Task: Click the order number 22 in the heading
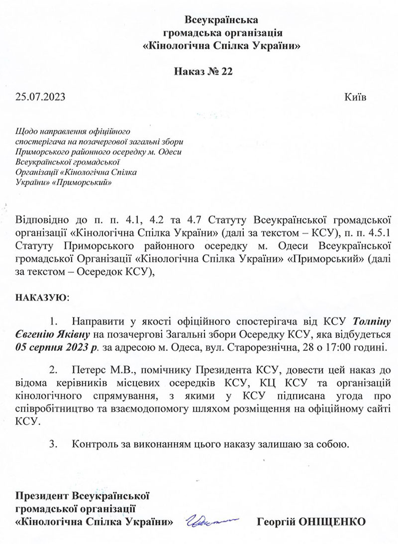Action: pyautogui.click(x=226, y=72)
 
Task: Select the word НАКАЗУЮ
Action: pyautogui.click(x=40, y=297)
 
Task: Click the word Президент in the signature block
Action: pyautogui.click(x=42, y=496)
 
